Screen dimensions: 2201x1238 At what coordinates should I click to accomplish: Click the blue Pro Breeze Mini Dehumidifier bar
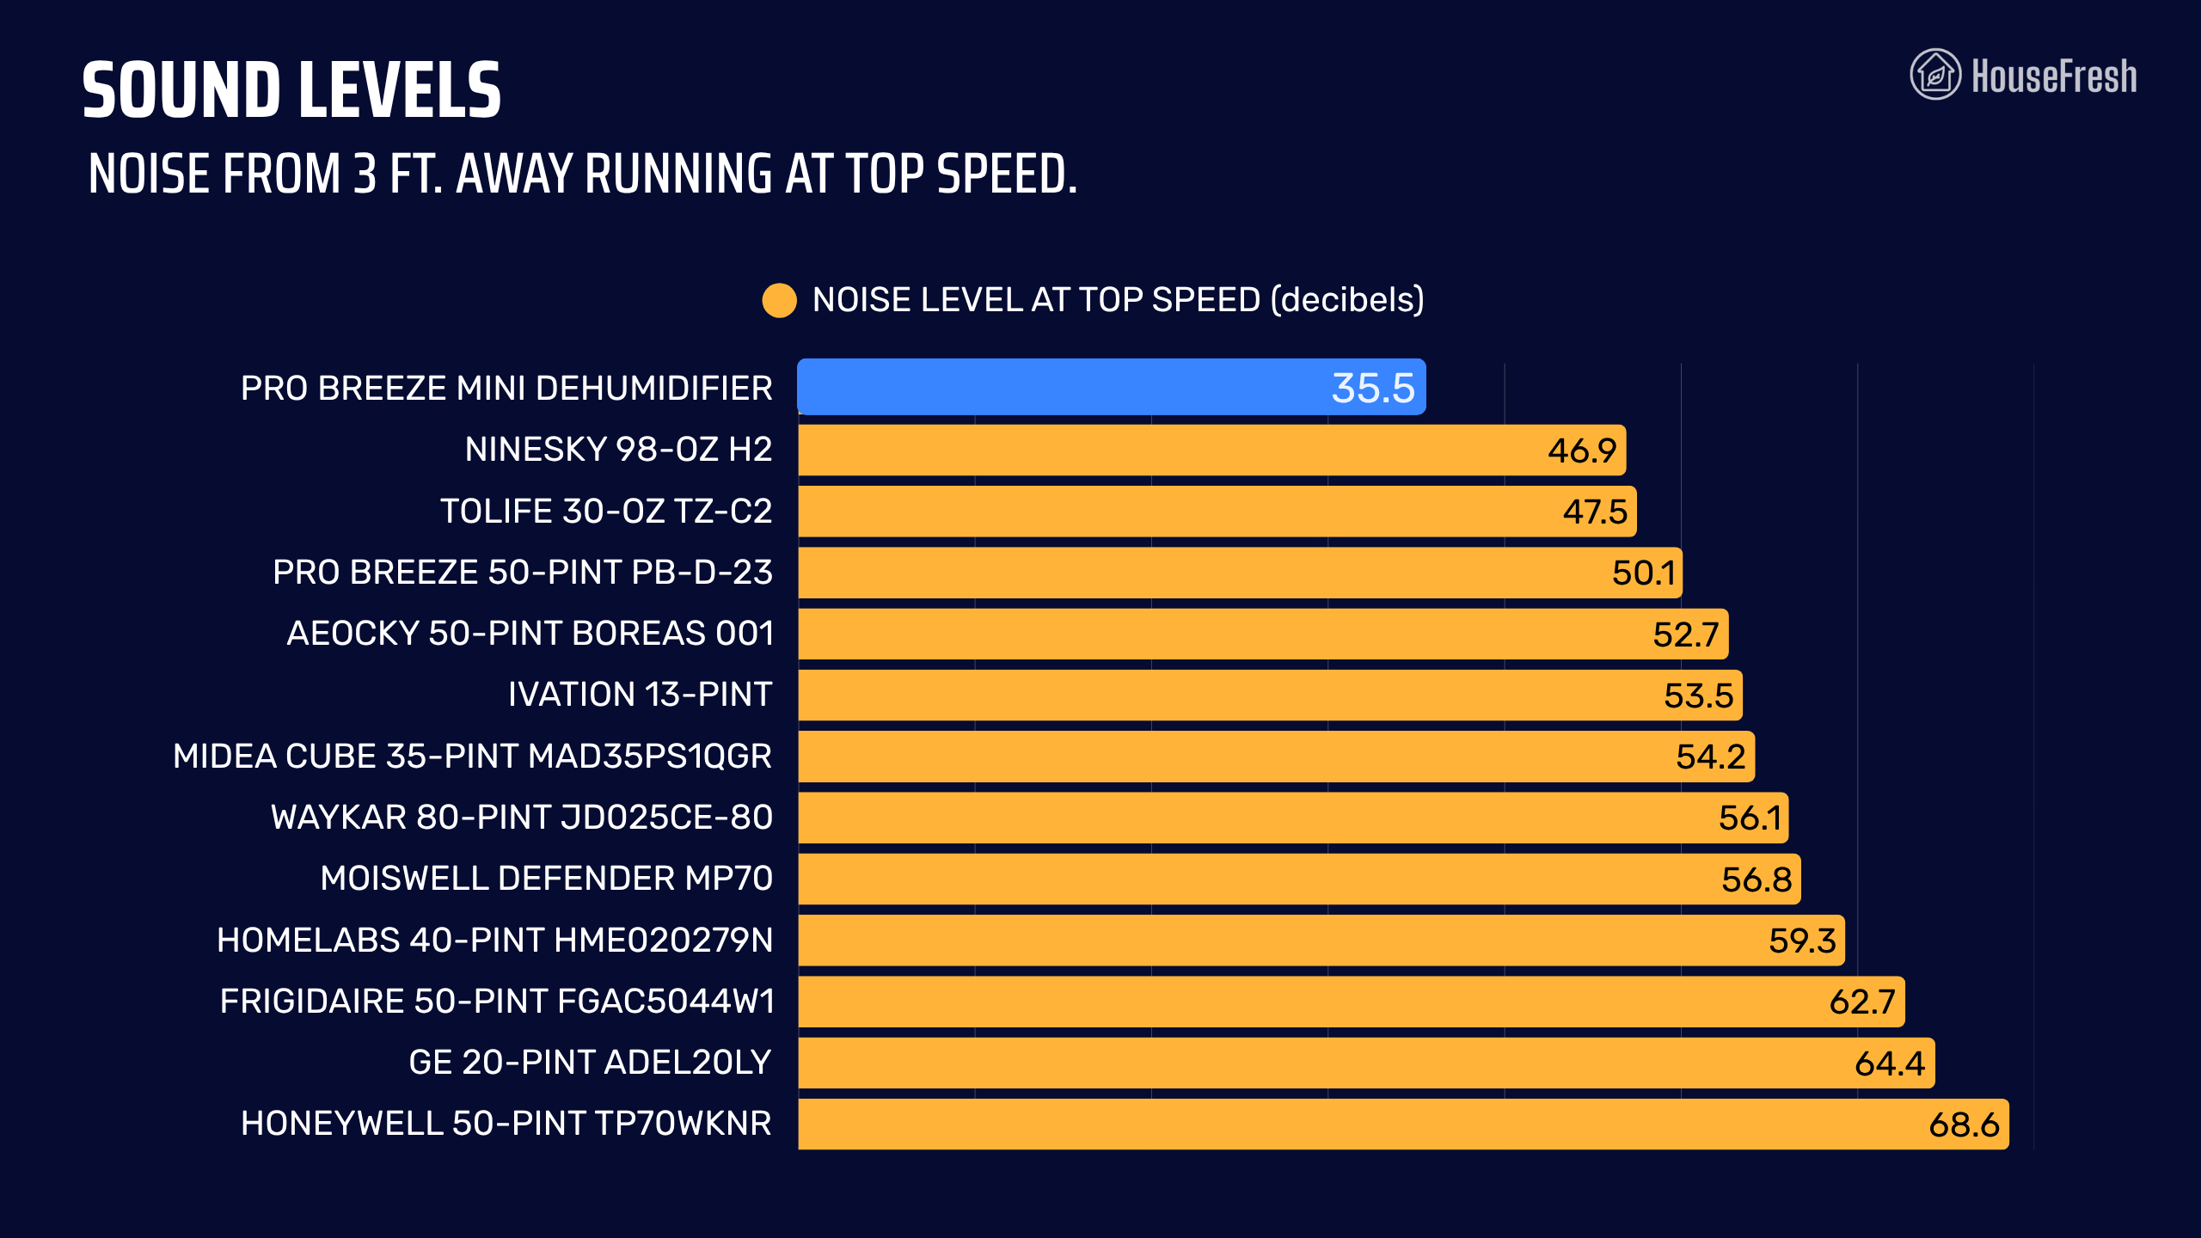[x=1111, y=387]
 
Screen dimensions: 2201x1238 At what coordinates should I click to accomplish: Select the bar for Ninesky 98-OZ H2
[x=1211, y=450]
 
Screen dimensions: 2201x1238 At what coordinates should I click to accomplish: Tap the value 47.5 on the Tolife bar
[x=1595, y=512]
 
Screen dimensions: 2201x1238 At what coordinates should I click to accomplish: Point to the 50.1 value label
[x=1644, y=573]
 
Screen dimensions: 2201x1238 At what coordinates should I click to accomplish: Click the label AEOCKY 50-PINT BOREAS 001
[x=530, y=634]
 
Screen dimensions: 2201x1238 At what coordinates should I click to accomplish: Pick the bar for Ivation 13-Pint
[x=1270, y=695]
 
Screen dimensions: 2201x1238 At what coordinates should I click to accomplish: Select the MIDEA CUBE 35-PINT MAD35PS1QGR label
[x=472, y=757]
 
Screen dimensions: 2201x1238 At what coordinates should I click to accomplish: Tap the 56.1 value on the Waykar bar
[x=1750, y=818]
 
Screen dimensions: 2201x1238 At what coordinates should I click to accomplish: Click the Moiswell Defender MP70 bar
[x=1299, y=879]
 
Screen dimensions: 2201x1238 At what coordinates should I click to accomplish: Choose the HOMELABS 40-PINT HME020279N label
[x=494, y=941]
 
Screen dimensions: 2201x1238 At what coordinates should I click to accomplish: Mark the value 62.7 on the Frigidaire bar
[x=1862, y=1002]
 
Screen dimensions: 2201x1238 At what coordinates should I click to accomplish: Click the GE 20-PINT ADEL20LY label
[x=590, y=1063]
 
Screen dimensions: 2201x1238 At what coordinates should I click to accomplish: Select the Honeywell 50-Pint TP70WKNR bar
[x=1403, y=1124]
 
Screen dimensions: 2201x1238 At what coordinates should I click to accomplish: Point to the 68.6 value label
[x=1964, y=1125]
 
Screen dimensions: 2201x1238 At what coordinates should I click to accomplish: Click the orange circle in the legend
[x=779, y=300]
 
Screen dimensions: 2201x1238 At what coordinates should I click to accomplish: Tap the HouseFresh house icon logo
[x=1935, y=75]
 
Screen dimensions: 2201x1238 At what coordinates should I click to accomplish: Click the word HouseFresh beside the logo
[x=2054, y=76]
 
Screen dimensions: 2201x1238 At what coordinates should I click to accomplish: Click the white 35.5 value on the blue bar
[x=1373, y=388]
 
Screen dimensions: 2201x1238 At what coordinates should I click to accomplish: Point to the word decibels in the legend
[x=1347, y=299]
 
